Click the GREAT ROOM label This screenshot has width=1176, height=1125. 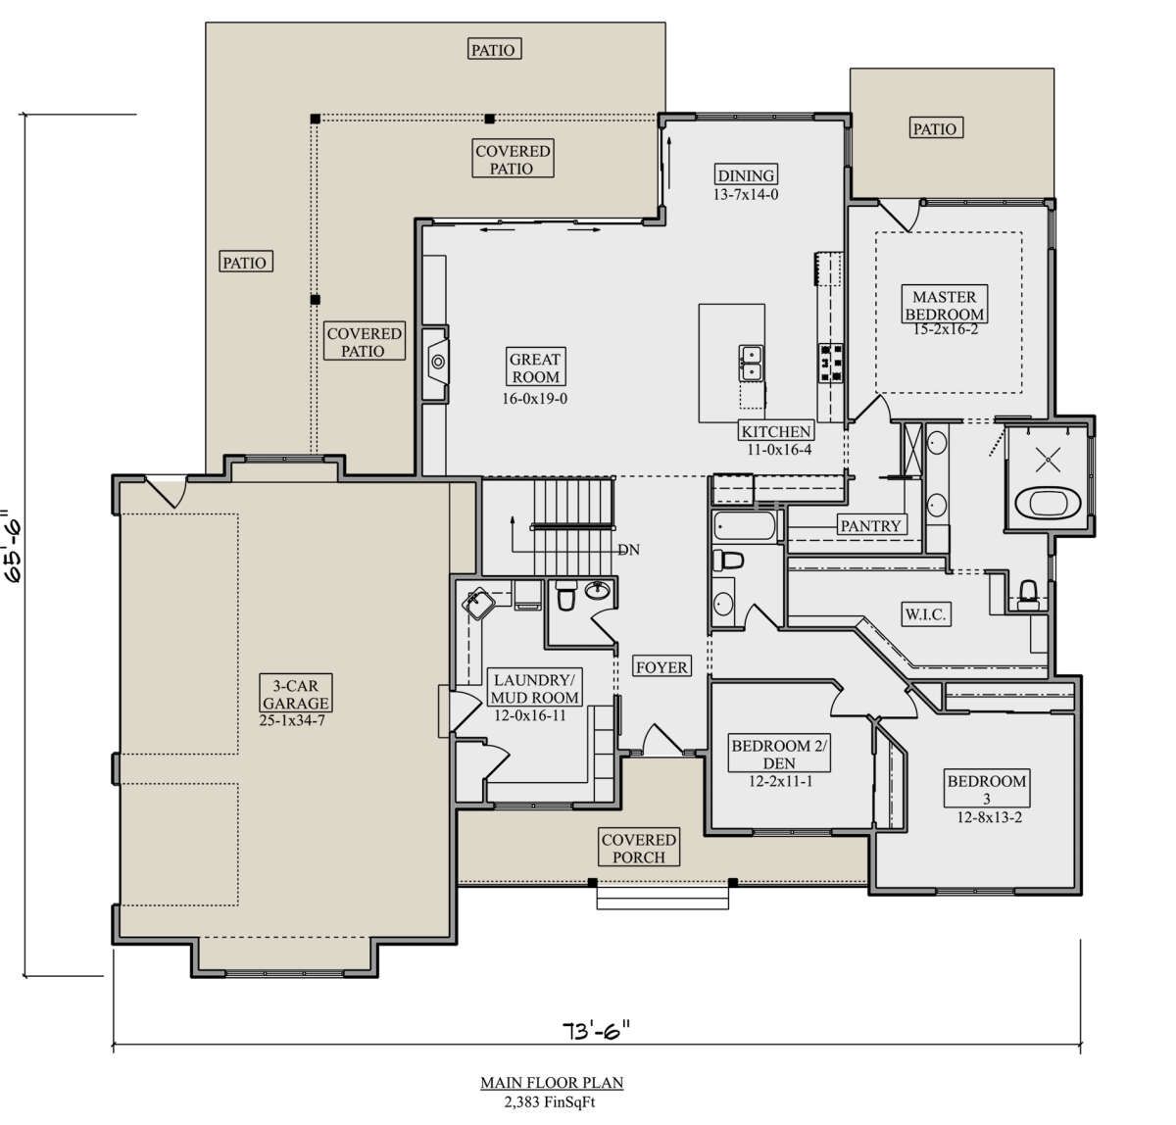[x=535, y=367]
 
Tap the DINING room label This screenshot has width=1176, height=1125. [x=746, y=174]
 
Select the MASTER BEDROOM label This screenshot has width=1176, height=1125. [x=945, y=305]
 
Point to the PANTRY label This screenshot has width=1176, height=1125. [x=871, y=525]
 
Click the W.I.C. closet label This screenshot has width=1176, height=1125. [x=925, y=613]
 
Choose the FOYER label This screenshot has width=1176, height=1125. [x=661, y=666]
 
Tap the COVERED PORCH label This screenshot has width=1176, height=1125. [x=639, y=848]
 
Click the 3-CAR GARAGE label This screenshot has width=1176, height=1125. [x=296, y=693]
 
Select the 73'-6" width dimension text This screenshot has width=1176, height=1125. [x=595, y=1030]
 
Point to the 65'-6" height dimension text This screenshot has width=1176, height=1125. [x=14, y=547]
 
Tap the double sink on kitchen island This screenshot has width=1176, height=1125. [x=751, y=364]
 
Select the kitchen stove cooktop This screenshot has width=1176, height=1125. [x=831, y=363]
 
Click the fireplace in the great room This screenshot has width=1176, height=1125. [x=436, y=363]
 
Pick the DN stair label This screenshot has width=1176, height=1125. [x=628, y=549]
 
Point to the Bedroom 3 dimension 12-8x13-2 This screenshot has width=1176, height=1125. [x=989, y=817]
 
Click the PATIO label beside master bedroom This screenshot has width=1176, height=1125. [x=935, y=128]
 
